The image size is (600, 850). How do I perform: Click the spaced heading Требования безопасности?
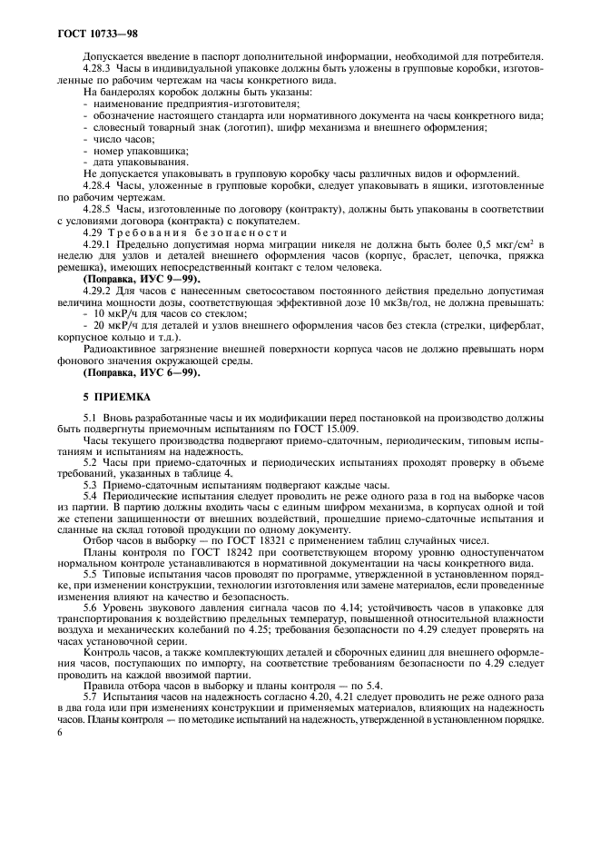coord(191,232)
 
